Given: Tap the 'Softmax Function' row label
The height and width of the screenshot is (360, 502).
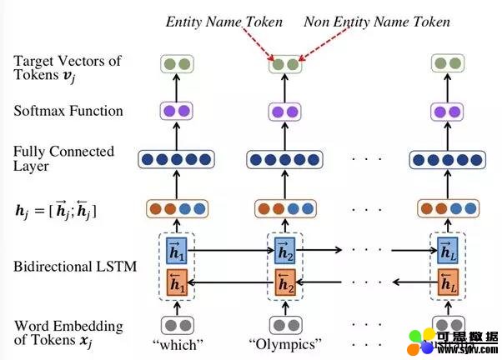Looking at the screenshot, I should (68, 111).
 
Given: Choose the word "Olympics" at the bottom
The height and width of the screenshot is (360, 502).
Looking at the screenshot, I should (284, 345).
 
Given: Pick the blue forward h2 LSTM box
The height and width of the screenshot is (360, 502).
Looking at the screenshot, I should (284, 249).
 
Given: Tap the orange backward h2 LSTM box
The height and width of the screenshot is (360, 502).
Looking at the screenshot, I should (284, 284).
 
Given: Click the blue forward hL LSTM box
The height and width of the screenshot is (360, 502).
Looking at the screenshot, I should (446, 249).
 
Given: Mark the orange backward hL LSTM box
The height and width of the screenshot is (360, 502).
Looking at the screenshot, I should (446, 284).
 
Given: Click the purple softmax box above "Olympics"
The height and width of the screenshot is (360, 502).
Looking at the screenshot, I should (284, 112).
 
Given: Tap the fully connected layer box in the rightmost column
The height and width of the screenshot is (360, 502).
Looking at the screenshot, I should (446, 159).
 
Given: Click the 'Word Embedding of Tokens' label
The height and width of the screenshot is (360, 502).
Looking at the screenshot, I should (68, 332).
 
